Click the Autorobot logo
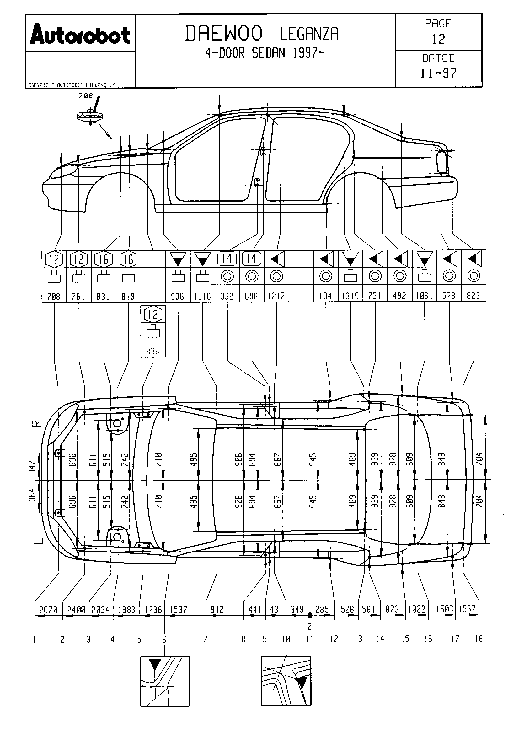click(x=80, y=34)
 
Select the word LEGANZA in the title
click(x=309, y=34)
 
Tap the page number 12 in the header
click(x=438, y=39)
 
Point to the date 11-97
click(x=438, y=73)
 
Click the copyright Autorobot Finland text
click(x=72, y=85)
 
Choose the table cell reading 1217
click(x=276, y=296)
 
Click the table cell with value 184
click(x=325, y=296)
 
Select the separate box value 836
click(x=153, y=351)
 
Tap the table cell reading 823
click(x=473, y=296)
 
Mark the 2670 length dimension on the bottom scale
click(x=48, y=610)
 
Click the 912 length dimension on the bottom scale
click(x=217, y=610)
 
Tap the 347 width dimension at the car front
click(x=32, y=467)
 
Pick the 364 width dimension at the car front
click(x=32, y=495)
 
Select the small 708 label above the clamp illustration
click(x=86, y=96)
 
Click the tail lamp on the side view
click(x=442, y=163)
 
